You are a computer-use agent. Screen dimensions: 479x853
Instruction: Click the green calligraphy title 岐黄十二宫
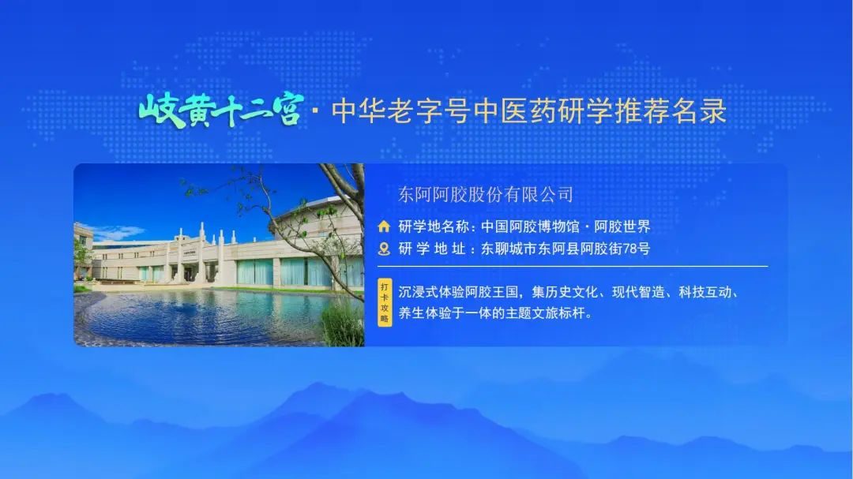220,110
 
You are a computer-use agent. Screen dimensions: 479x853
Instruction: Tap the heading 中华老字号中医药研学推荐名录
528,111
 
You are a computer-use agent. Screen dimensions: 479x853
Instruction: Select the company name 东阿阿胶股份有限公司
486,194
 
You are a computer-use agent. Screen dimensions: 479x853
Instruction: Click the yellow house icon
384,226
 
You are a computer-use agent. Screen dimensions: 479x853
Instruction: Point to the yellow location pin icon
384,249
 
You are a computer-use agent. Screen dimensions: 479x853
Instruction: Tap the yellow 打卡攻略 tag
385,302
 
